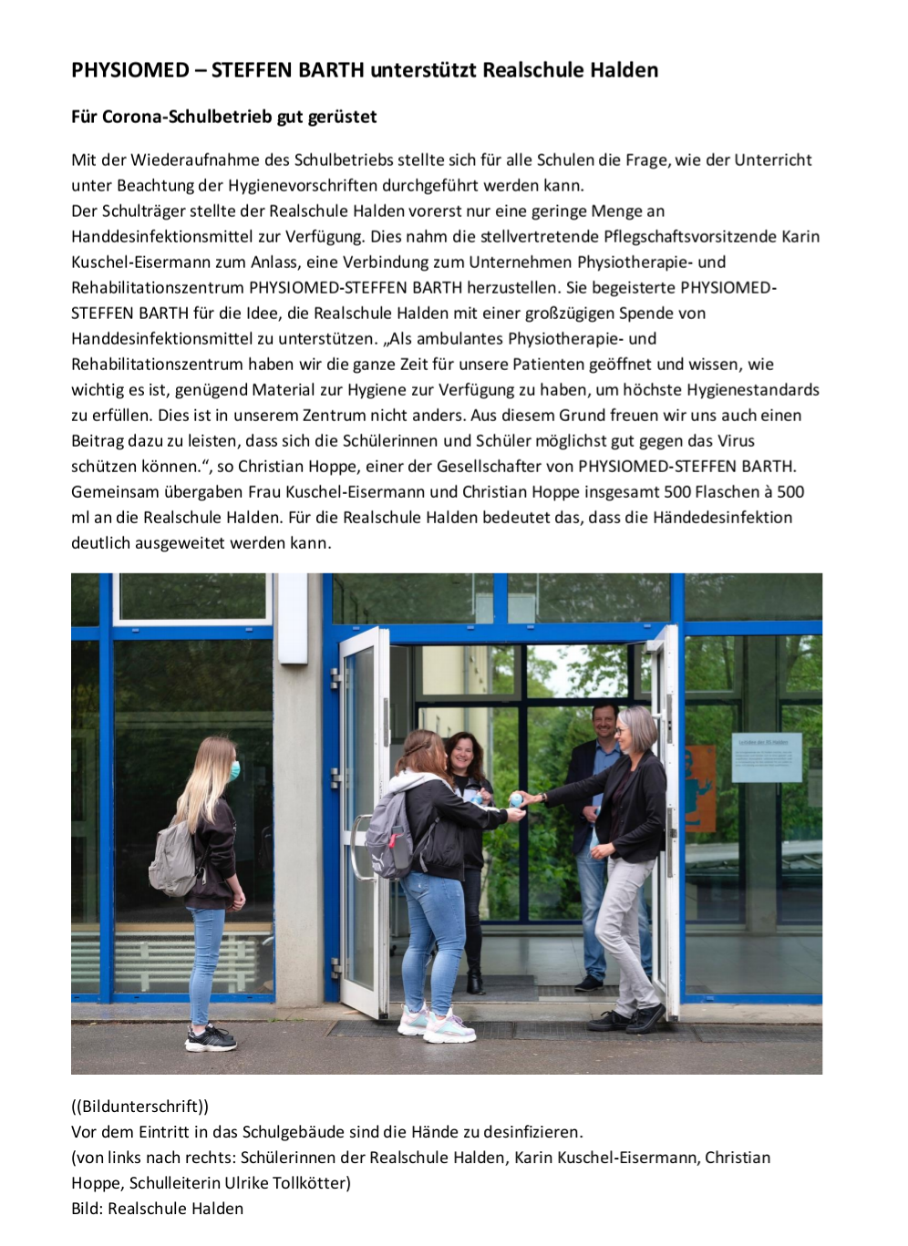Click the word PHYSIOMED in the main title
coord(130,70)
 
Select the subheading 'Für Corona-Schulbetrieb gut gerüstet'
coord(223,117)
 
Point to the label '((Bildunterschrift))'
coord(139,1107)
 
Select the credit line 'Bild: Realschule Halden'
coord(157,1209)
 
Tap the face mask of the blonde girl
coord(234,770)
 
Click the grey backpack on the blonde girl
coord(173,858)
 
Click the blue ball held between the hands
coord(516,799)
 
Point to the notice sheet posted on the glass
coord(767,757)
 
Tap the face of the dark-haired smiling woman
coord(461,755)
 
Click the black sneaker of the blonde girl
coord(211,1038)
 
